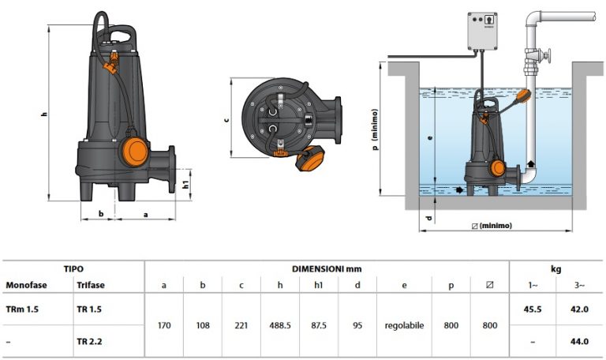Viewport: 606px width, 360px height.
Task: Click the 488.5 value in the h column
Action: pyautogui.click(x=280, y=325)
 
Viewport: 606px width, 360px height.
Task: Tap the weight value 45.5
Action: pyautogui.click(x=533, y=309)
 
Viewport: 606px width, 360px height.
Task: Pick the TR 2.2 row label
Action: pyautogui.click(x=90, y=341)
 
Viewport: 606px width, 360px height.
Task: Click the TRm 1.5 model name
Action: pyautogui.click(x=22, y=309)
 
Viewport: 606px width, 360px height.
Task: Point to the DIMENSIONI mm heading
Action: pyautogui.click(x=327, y=268)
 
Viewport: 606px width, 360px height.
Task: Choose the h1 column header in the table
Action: pyautogui.click(x=319, y=285)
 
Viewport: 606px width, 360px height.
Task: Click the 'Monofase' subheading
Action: pyautogui.click(x=24, y=285)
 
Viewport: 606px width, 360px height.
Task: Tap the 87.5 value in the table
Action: pyautogui.click(x=319, y=325)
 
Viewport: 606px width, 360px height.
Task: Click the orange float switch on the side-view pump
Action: pyautogui.click(x=134, y=150)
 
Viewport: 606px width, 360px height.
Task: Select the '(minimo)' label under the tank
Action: pyautogui.click(x=495, y=226)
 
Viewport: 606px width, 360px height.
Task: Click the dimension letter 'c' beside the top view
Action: pyautogui.click(x=226, y=119)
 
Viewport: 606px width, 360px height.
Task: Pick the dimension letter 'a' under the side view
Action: pyautogui.click(x=146, y=214)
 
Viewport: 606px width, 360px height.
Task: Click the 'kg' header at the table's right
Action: pyautogui.click(x=555, y=268)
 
